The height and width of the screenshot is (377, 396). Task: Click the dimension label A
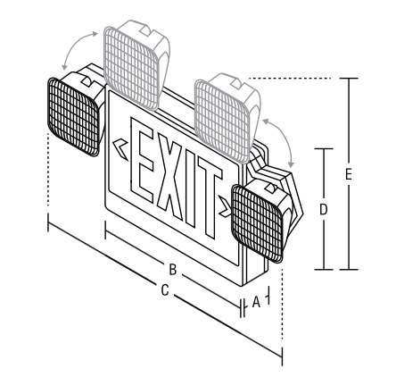click(256, 302)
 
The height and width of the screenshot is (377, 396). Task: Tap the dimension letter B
click(173, 270)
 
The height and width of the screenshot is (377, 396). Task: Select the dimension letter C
click(165, 290)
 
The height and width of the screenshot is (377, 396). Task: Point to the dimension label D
click(323, 210)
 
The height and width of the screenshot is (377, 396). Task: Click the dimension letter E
click(349, 174)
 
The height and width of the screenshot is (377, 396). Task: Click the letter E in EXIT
click(142, 160)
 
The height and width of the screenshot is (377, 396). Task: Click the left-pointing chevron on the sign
click(120, 149)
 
